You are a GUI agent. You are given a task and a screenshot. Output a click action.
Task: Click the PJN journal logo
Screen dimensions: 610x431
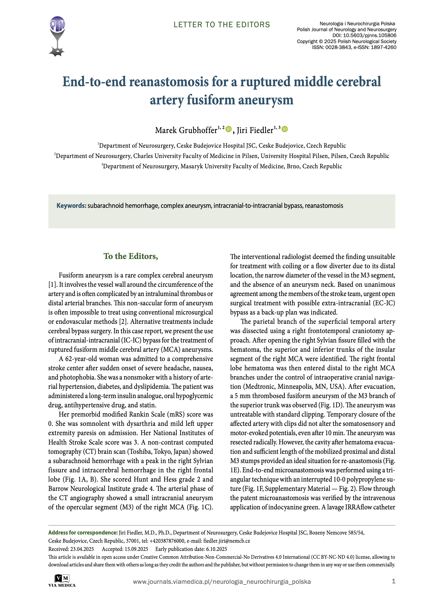pyautogui.click(x=57, y=36)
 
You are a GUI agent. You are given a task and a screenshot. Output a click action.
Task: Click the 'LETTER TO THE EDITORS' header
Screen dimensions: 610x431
pyautogui.click(x=222, y=25)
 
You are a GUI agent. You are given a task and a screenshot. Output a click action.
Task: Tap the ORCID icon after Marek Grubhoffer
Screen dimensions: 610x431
pyautogui.click(x=229, y=129)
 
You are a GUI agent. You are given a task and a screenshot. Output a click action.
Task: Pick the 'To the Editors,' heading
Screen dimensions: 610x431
pyautogui.click(x=131, y=256)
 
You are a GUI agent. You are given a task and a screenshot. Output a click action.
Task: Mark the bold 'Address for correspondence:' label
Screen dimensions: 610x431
pyautogui.click(x=83, y=532)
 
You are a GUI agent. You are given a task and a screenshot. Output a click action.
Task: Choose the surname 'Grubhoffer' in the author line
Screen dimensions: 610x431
pyautogui.click(x=198, y=130)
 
